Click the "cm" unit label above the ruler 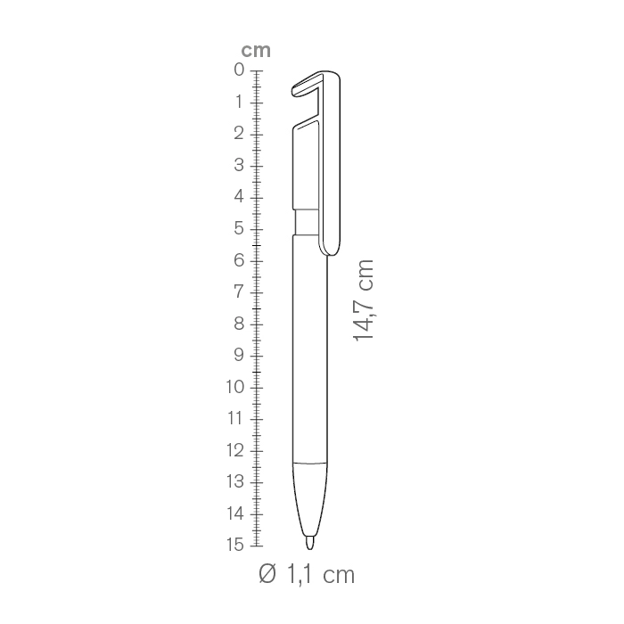pyautogui.click(x=256, y=51)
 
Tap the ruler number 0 pyautogui.click(x=239, y=70)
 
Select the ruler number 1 pyautogui.click(x=239, y=102)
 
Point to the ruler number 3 pyautogui.click(x=239, y=165)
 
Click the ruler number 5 pyautogui.click(x=239, y=228)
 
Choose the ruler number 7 pyautogui.click(x=239, y=291)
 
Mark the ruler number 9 pyautogui.click(x=239, y=355)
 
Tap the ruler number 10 pyautogui.click(x=235, y=386)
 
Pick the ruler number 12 pyautogui.click(x=235, y=450)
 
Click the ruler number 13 pyautogui.click(x=235, y=481)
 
